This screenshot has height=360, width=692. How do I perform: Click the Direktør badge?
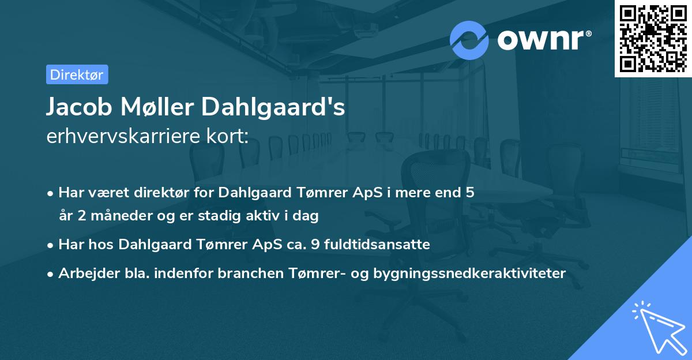[x=77, y=74]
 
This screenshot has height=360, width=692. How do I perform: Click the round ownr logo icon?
[x=469, y=40]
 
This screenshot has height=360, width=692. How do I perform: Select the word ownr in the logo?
[x=543, y=40]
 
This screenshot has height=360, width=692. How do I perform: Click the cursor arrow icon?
[x=657, y=327]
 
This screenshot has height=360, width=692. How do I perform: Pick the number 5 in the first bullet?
[x=470, y=193]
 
